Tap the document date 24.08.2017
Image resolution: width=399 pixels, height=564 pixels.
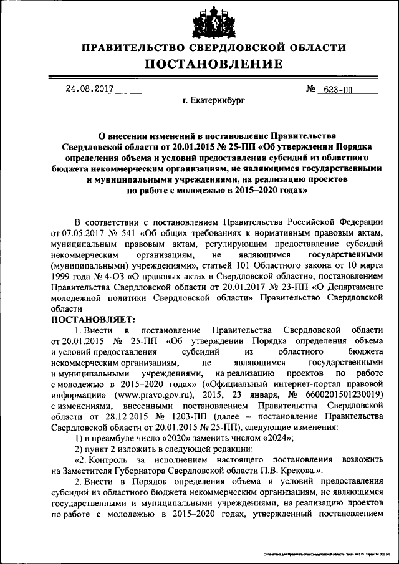(x=89, y=89)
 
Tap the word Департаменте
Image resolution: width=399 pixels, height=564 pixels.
(x=353, y=287)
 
